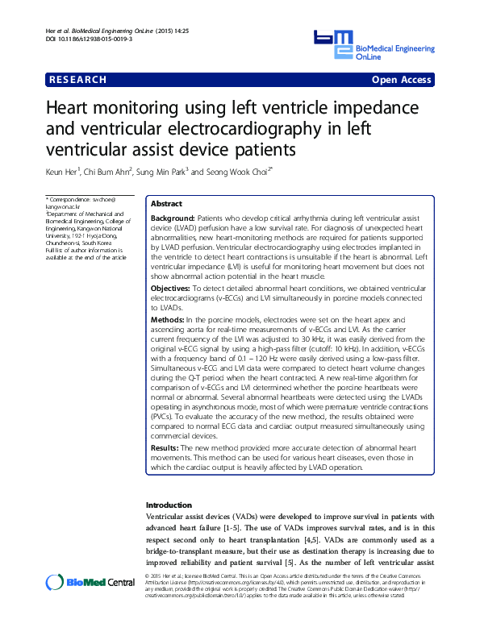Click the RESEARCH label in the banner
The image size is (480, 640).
click(77, 80)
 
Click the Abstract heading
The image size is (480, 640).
click(167, 205)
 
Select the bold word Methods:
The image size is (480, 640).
click(169, 320)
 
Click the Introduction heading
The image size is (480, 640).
click(169, 505)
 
